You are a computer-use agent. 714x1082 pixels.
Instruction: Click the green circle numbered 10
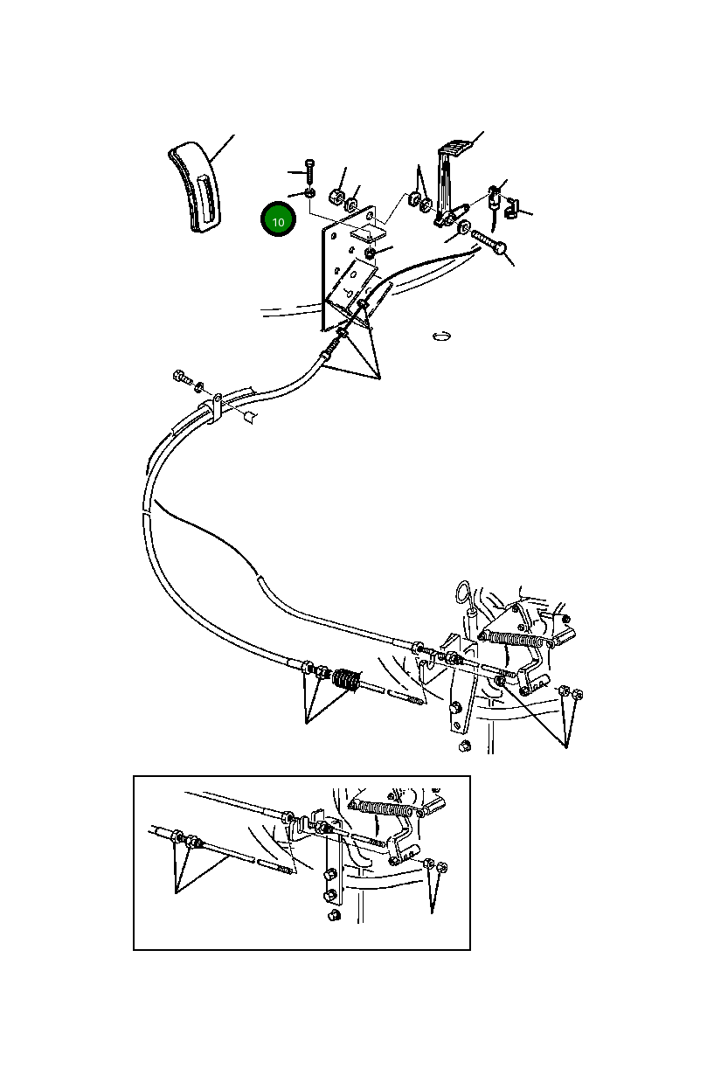pos(278,221)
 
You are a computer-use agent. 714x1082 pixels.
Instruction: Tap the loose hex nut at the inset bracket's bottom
pos(332,915)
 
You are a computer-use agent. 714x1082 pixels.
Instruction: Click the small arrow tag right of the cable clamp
pos(250,416)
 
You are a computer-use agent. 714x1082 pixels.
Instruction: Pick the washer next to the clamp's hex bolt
pos(200,385)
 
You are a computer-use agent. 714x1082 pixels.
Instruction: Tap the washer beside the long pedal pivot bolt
pos(464,232)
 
